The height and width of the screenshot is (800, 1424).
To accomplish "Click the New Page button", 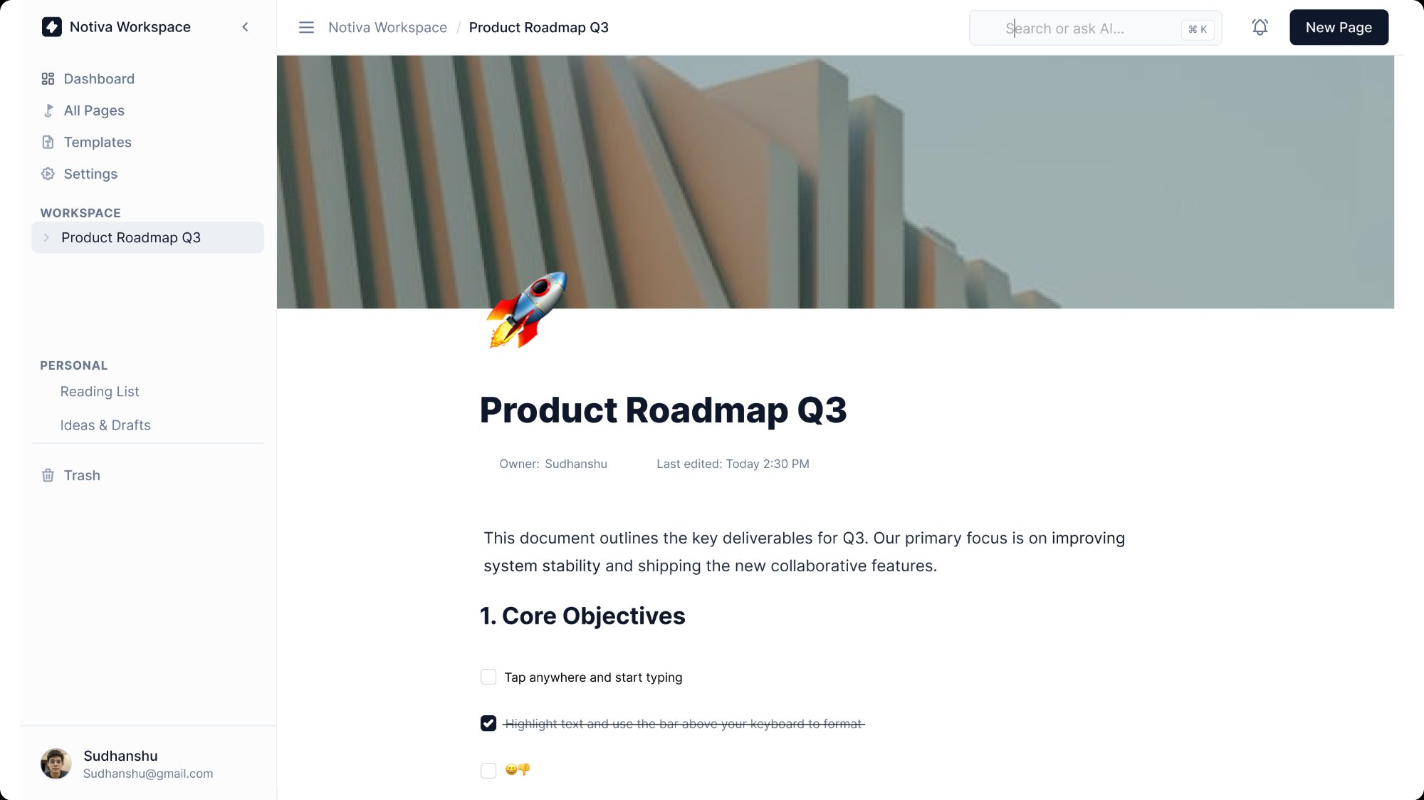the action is click(x=1339, y=27).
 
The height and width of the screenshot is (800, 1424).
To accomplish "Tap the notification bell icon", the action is click(x=1260, y=27).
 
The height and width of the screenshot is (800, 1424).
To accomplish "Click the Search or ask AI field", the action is click(x=1095, y=28).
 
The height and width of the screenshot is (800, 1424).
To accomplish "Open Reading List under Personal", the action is click(x=100, y=391).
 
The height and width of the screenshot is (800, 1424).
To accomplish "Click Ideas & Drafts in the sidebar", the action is click(x=105, y=425).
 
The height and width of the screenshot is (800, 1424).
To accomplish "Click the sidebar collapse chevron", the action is click(x=245, y=27).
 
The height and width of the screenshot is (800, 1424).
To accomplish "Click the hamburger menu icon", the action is click(x=306, y=27).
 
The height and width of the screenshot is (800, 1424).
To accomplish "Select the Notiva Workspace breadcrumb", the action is click(x=387, y=27).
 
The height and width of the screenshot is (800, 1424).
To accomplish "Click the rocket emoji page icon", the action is click(x=527, y=309).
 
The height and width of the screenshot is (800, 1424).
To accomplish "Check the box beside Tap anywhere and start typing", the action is click(x=488, y=677).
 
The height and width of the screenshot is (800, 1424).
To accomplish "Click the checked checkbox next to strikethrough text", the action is click(x=488, y=723).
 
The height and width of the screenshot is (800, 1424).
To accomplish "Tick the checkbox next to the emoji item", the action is click(x=488, y=770).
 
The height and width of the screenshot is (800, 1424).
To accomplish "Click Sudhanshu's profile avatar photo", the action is click(x=56, y=764).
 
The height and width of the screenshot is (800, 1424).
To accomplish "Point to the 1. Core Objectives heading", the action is click(x=582, y=615).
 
